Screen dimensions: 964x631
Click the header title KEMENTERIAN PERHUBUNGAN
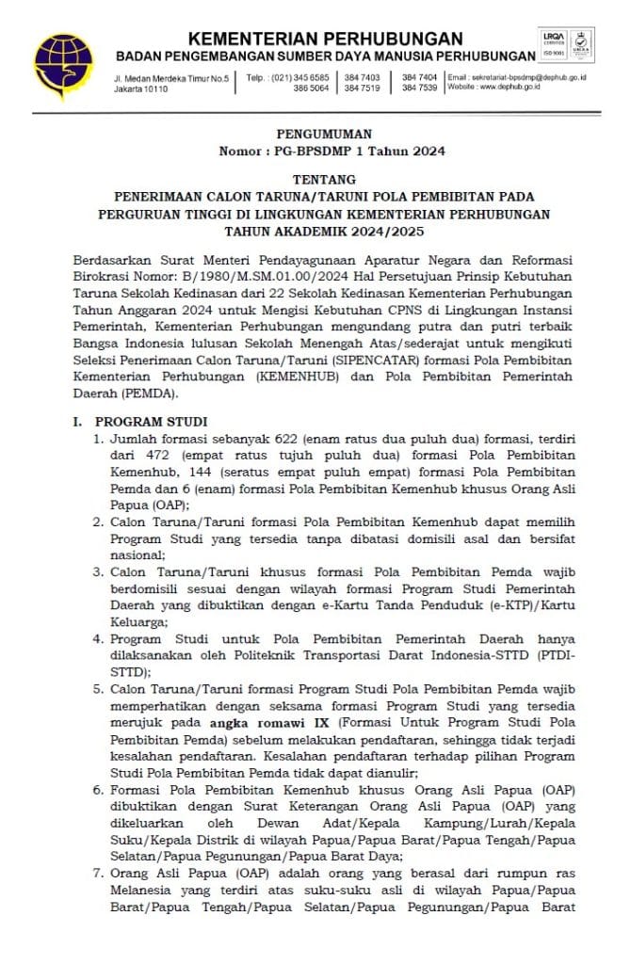point(325,39)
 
